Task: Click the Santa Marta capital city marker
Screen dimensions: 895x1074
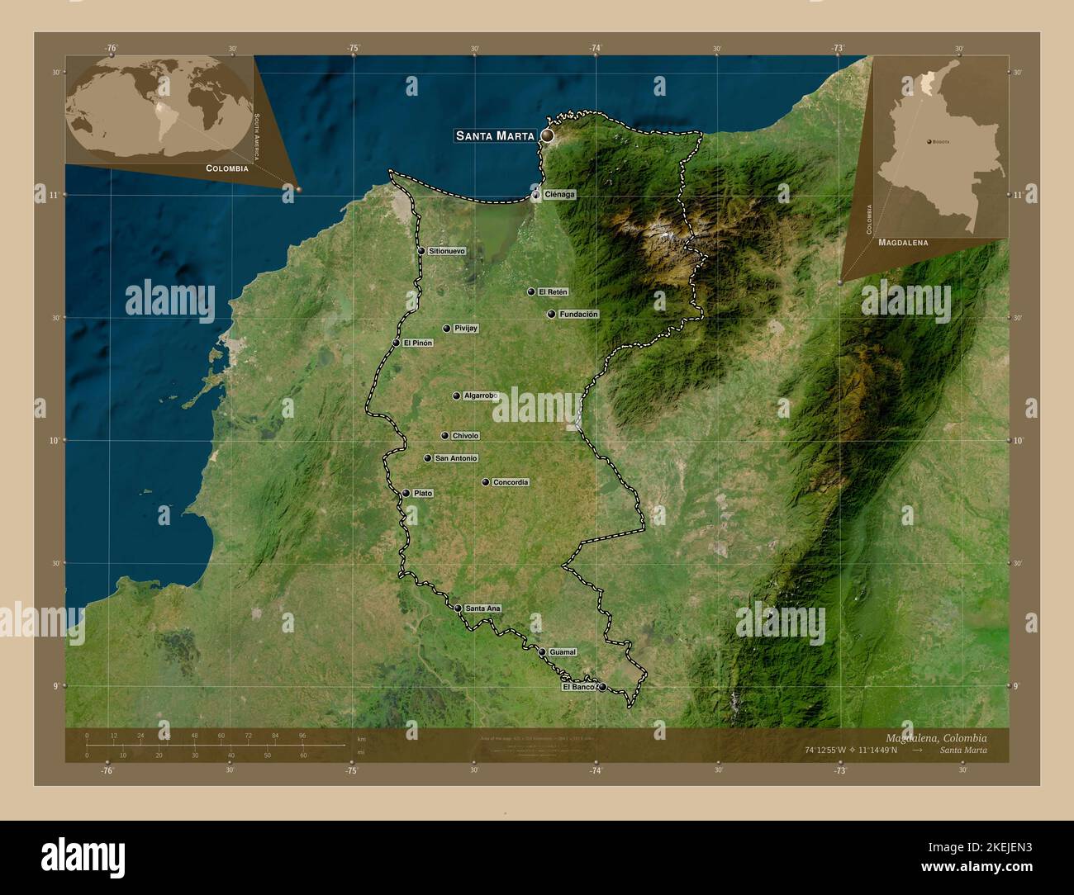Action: click(547, 135)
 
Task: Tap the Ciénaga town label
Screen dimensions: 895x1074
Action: click(558, 195)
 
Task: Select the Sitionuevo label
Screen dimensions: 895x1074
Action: click(447, 251)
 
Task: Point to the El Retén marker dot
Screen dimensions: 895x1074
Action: click(531, 291)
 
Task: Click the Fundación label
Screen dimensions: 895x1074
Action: click(578, 315)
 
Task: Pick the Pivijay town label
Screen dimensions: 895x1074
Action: click(466, 329)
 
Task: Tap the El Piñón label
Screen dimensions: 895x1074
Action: click(418, 343)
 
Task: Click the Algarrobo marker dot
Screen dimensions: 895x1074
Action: click(456, 396)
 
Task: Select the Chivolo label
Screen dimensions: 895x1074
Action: click(465, 436)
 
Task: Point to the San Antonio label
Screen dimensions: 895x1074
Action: click(456, 458)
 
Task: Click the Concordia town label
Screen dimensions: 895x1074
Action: click(511, 482)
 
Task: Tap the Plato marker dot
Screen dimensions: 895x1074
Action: click(406, 494)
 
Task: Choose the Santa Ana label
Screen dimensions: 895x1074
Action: click(482, 609)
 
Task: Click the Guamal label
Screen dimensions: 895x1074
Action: click(562, 652)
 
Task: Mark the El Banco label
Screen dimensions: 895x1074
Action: click(578, 687)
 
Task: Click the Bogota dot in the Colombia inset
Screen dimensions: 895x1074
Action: click(929, 141)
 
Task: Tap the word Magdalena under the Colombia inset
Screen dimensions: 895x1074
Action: click(903, 244)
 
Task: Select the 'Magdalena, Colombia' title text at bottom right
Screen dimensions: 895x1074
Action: click(935, 737)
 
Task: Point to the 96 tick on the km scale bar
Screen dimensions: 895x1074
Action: click(302, 735)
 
